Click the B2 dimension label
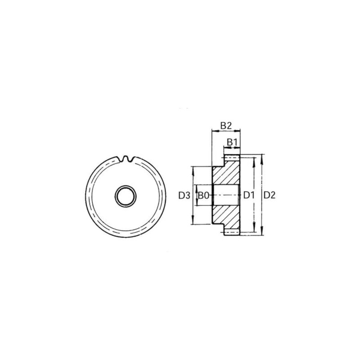(x=225, y=125)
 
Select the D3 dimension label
(x=183, y=195)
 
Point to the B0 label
(x=204, y=195)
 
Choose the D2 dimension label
(x=270, y=195)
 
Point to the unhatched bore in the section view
(x=225, y=195)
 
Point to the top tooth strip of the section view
(x=233, y=158)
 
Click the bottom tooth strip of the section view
(x=233, y=232)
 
